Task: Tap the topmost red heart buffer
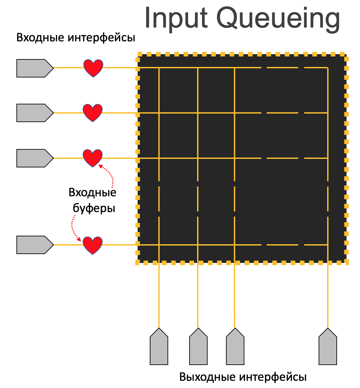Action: coord(93,68)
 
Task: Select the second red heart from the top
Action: coord(93,113)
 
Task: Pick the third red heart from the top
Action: coord(93,158)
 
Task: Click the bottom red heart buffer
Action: coord(93,245)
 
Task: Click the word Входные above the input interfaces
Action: coord(40,37)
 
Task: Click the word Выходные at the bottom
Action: coord(207,377)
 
